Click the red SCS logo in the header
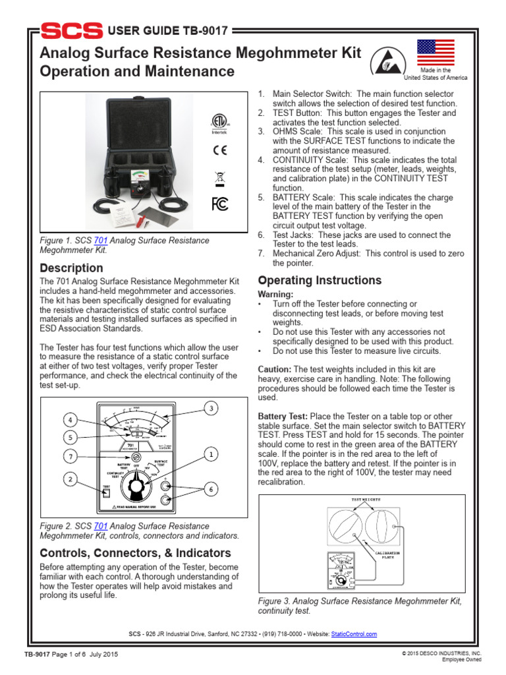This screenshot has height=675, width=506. pyautogui.click(x=71, y=31)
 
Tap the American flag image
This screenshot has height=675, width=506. pyautogui.click(x=436, y=52)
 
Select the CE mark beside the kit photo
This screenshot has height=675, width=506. pyautogui.click(x=219, y=150)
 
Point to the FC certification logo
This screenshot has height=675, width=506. pyautogui.click(x=219, y=204)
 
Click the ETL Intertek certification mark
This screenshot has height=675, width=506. pyautogui.click(x=219, y=123)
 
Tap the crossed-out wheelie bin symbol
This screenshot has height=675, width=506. pyautogui.click(x=219, y=177)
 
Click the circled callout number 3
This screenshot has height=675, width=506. pyautogui.click(x=210, y=408)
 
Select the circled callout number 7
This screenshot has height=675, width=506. pyautogui.click(x=72, y=456)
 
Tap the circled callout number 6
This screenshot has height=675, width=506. pyautogui.click(x=210, y=489)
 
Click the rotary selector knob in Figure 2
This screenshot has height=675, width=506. pyautogui.click(x=138, y=488)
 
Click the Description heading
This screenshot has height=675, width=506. pyautogui.click(x=71, y=268)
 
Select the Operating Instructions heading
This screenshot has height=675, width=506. pyautogui.click(x=320, y=280)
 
